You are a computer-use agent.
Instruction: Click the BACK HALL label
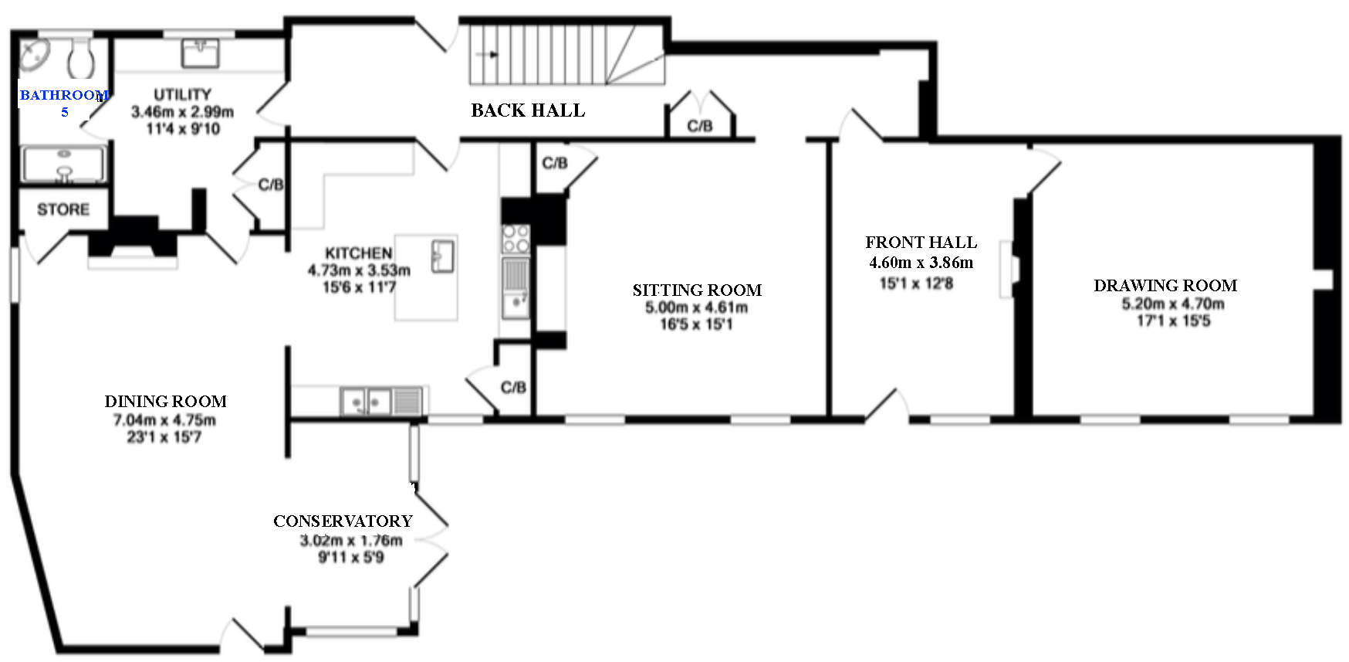(528, 110)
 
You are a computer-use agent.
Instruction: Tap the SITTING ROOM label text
(697, 290)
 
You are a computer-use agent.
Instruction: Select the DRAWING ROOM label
(1165, 286)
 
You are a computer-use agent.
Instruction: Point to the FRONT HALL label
(921, 243)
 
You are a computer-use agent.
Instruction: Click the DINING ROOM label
(165, 402)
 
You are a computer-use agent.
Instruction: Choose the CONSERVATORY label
(343, 521)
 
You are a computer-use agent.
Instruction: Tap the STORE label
(63, 209)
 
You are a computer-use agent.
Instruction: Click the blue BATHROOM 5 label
(64, 103)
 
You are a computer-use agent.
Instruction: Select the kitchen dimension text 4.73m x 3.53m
(359, 270)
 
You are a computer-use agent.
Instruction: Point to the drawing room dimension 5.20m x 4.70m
(1173, 304)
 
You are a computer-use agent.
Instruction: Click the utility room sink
(201, 53)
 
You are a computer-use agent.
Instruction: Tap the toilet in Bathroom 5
(80, 58)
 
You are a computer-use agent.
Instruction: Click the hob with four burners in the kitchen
(516, 239)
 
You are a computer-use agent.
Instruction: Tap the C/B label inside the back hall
(700, 126)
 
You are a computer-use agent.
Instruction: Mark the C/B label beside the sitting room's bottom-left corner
(513, 387)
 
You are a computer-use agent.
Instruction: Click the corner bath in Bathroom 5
(34, 55)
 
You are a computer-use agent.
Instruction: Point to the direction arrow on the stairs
(487, 55)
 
